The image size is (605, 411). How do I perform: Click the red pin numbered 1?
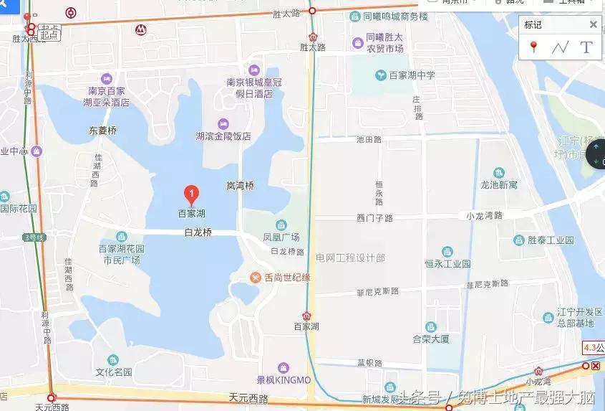tap(191, 193)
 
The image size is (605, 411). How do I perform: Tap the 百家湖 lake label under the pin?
tap(191, 213)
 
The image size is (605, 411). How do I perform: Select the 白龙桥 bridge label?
tap(198, 232)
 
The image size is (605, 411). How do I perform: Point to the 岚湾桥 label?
tap(240, 186)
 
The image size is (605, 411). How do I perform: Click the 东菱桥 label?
tap(102, 131)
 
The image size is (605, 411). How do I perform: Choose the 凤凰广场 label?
tap(281, 237)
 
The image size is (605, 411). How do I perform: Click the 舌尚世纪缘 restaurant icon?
tap(255, 278)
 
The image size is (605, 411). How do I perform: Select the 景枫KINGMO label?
tap(284, 379)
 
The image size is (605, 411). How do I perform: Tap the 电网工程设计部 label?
tap(350, 257)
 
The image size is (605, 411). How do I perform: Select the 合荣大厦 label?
tap(431, 339)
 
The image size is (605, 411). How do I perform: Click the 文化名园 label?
tap(114, 372)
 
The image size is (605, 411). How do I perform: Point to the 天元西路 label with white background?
tap(52, 407)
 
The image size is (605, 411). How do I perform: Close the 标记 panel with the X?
tap(593, 24)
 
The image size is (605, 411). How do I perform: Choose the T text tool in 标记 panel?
tap(586, 47)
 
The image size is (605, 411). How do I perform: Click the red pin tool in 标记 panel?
tap(533, 47)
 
